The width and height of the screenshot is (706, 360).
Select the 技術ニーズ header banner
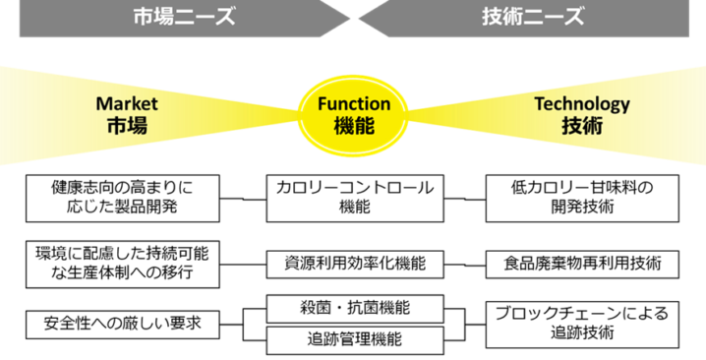(532, 18)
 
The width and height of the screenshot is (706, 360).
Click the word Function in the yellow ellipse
(354, 103)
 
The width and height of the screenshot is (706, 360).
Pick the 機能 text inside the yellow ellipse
(354, 127)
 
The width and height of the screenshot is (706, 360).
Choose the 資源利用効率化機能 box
(353, 264)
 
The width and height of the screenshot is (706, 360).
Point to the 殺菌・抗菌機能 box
(353, 308)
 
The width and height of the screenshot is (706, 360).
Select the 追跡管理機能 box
(353, 340)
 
